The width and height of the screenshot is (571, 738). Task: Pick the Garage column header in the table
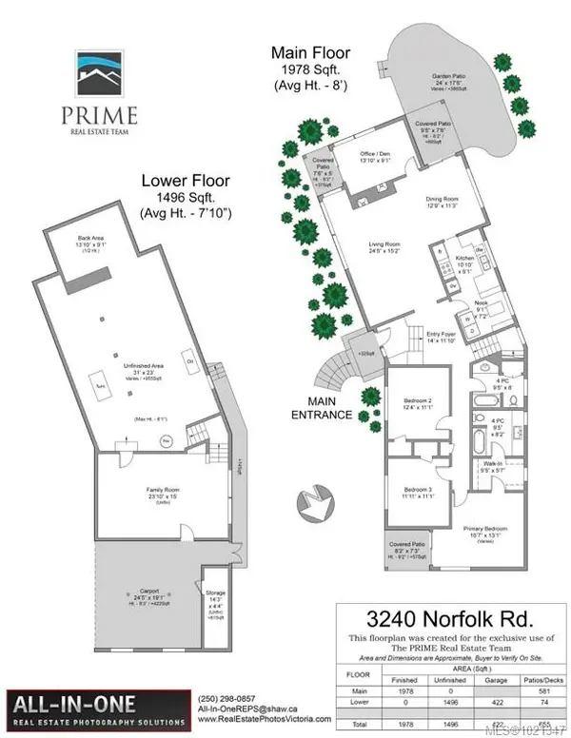click(x=491, y=653)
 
